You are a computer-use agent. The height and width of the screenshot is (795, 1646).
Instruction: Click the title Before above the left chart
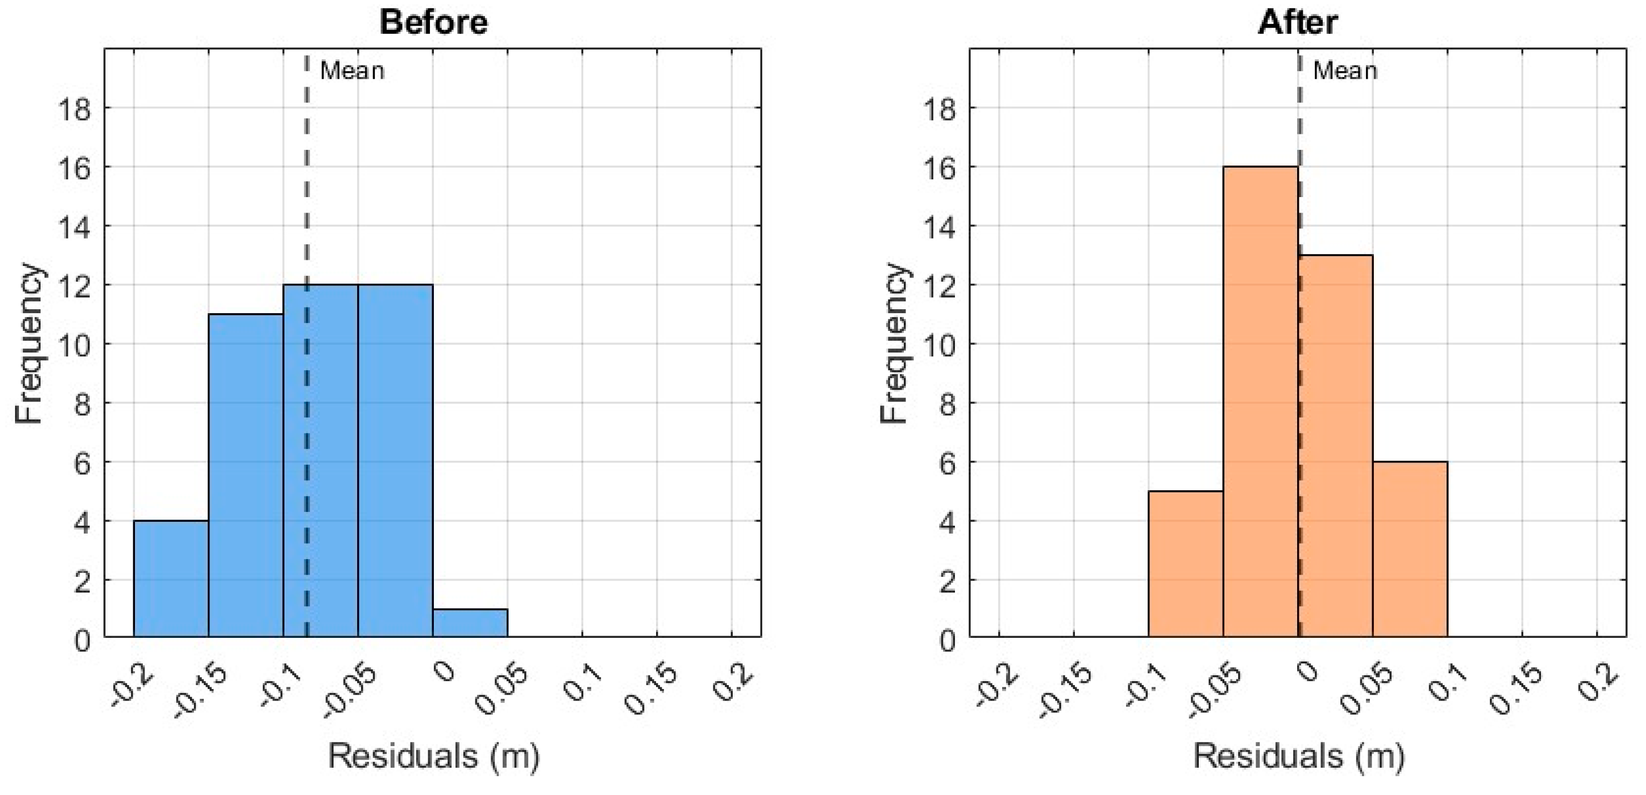[433, 22]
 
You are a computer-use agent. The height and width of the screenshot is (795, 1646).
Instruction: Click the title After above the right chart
[1297, 22]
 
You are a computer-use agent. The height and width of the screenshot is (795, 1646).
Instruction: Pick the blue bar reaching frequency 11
[246, 476]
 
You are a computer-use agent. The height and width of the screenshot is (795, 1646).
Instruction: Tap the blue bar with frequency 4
[171, 578]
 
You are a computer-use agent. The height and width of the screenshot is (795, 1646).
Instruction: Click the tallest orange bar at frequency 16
[1260, 402]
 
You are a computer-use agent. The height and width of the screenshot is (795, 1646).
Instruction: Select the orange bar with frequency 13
[1335, 447]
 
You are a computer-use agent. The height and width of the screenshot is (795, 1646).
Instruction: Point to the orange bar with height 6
[1409, 549]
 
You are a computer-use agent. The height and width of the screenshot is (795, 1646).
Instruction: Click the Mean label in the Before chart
[352, 71]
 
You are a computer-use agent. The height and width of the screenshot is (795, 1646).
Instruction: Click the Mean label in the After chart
[1344, 71]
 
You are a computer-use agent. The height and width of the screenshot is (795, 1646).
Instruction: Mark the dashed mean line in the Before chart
[307, 192]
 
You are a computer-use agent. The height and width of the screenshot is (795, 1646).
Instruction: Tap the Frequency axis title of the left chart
[29, 343]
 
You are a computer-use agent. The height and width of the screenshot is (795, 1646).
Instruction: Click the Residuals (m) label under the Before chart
[433, 756]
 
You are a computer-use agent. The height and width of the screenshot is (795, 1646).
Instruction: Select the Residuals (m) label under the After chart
[1298, 756]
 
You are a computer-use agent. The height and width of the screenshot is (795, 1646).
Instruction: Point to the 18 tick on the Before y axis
[75, 109]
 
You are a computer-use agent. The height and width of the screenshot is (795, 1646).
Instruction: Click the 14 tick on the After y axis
[939, 227]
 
